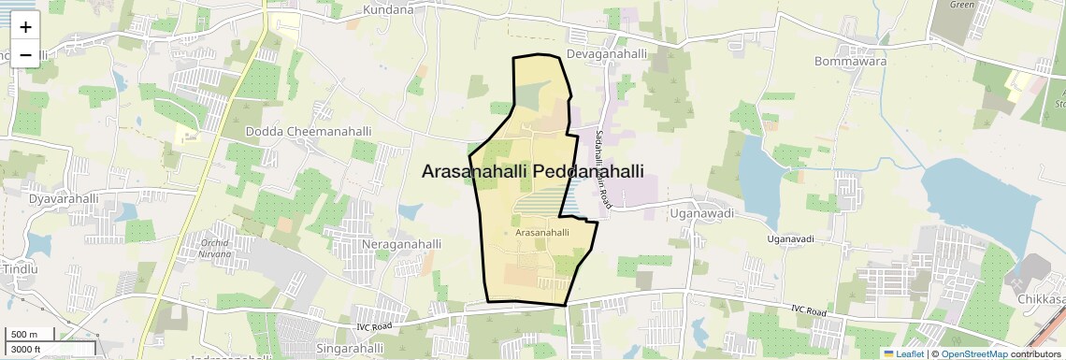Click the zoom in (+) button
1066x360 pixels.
[x=25, y=26]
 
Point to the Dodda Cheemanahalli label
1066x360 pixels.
[x=308, y=132]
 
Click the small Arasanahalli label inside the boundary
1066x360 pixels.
[x=542, y=231]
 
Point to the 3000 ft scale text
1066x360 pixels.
[x=25, y=350]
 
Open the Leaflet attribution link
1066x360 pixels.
[x=903, y=353]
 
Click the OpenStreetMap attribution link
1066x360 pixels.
[x=973, y=353]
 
